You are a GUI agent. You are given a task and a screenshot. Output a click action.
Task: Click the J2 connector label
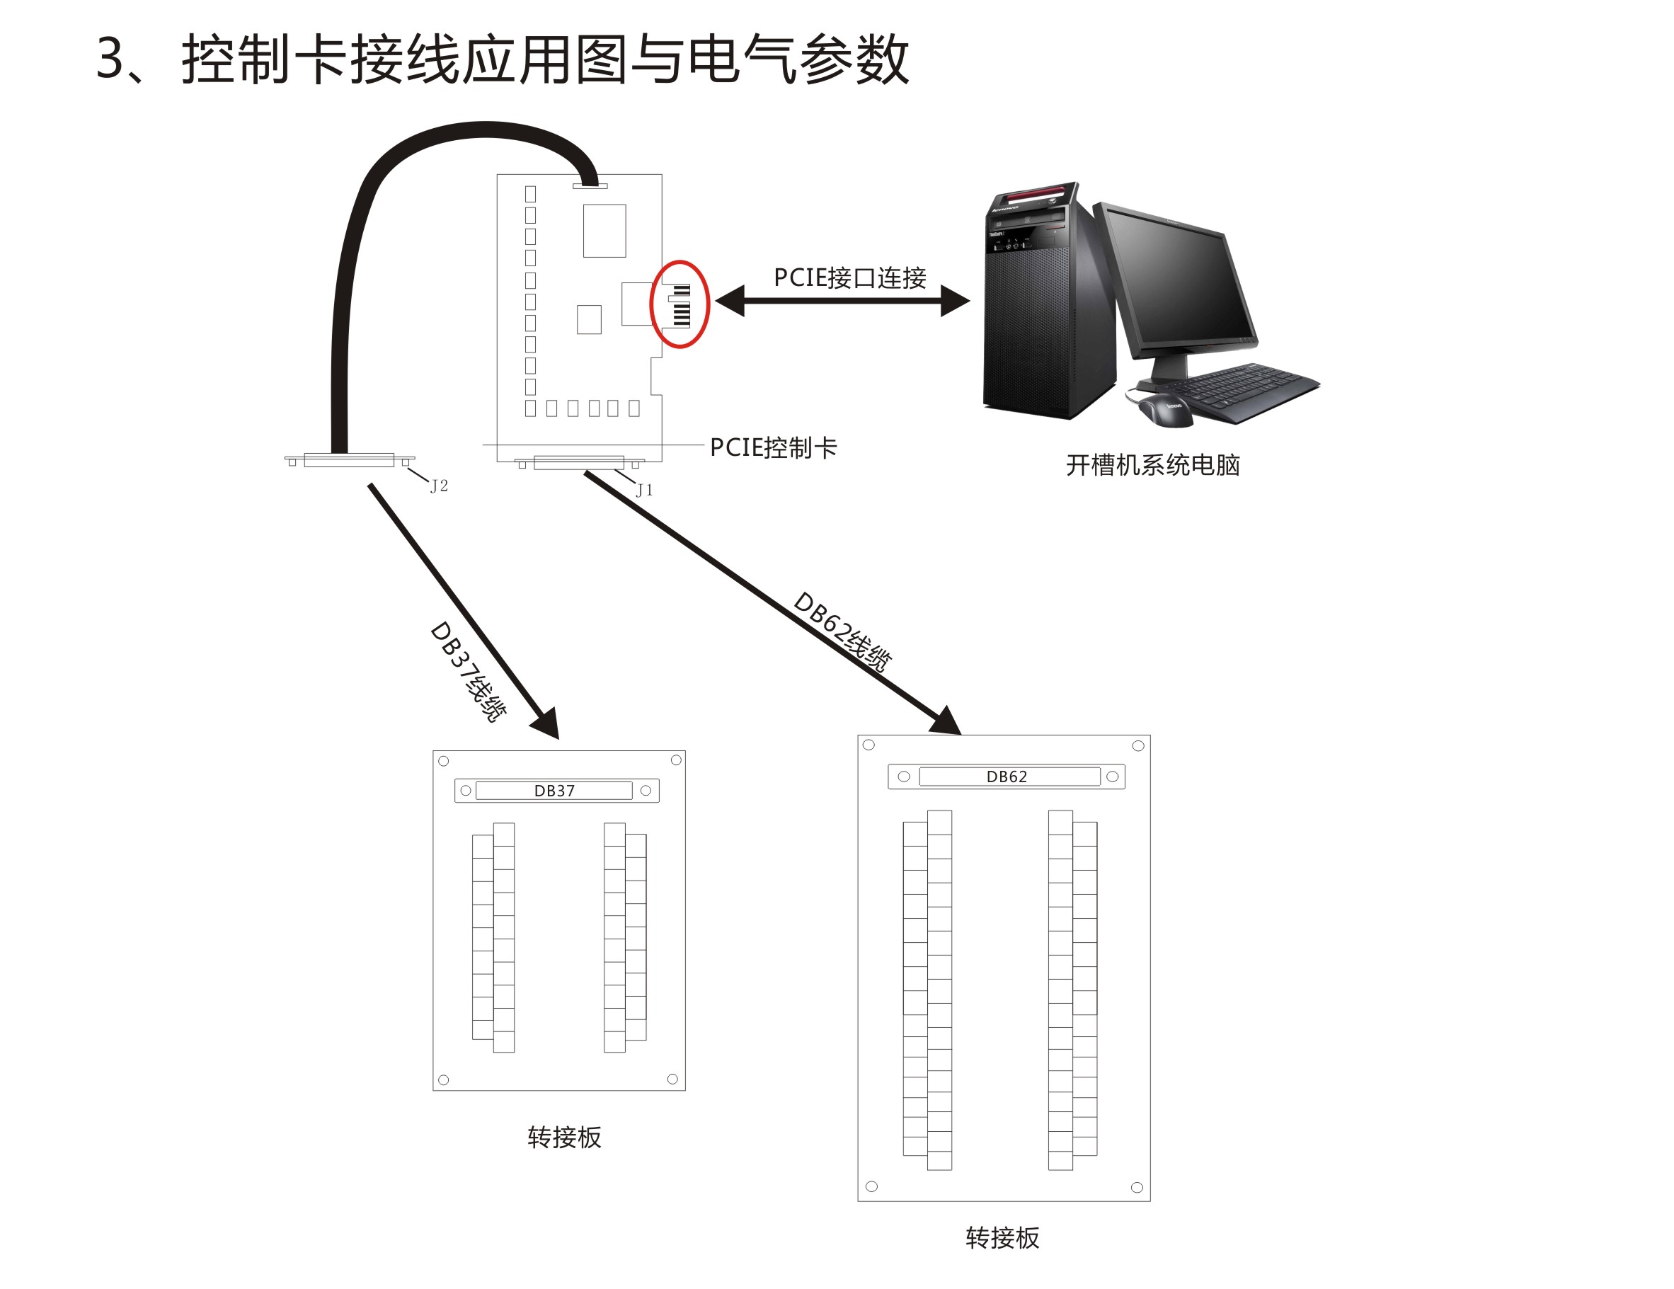(439, 486)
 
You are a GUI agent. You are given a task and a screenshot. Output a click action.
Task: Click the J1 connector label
(645, 490)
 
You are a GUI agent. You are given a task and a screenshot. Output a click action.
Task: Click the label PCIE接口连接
(850, 277)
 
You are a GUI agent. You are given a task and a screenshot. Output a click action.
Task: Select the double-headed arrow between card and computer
(842, 300)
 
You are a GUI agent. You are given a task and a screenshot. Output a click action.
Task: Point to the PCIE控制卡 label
(774, 447)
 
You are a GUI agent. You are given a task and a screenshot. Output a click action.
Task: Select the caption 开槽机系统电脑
(1153, 465)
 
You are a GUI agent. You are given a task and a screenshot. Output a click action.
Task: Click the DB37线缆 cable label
(469, 671)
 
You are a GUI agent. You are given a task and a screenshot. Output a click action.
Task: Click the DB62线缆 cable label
(842, 631)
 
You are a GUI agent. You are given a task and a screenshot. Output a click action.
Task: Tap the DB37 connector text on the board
(554, 791)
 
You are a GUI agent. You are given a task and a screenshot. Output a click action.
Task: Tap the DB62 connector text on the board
(1007, 777)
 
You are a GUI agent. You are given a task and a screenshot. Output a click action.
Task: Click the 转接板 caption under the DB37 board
(564, 1138)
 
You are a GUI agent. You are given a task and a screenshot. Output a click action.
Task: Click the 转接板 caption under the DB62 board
(1002, 1237)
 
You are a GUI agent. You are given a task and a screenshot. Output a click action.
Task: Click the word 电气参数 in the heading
(798, 59)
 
